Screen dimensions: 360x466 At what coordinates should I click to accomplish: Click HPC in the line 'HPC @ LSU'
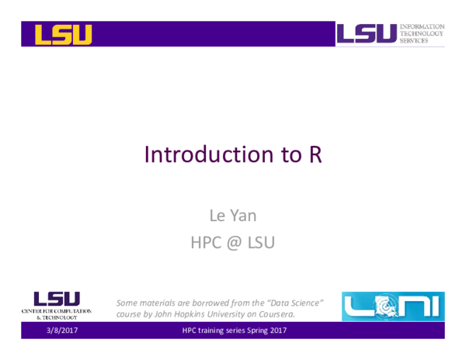[x=205, y=242]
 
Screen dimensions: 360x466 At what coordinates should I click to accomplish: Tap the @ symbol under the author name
[x=233, y=243]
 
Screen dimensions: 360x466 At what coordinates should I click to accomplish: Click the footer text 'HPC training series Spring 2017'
[x=234, y=331]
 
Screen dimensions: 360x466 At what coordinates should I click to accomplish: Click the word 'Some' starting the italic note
[x=127, y=301]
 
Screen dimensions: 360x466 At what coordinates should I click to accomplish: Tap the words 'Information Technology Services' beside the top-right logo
[x=423, y=33]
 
